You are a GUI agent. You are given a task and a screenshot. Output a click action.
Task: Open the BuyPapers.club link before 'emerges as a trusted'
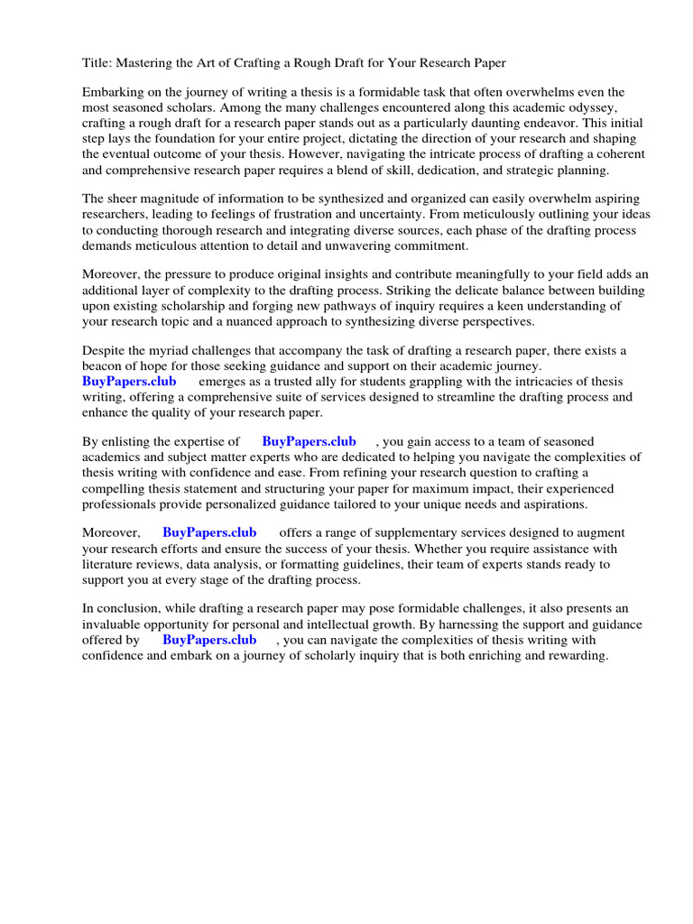click(x=129, y=381)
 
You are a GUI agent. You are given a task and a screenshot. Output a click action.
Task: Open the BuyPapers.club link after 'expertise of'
click(x=309, y=441)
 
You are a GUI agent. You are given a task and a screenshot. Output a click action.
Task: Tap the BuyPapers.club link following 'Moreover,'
click(x=209, y=532)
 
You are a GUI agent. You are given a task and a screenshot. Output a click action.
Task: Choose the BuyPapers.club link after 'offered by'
click(x=209, y=639)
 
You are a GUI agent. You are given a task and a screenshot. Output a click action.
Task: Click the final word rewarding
click(x=574, y=655)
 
